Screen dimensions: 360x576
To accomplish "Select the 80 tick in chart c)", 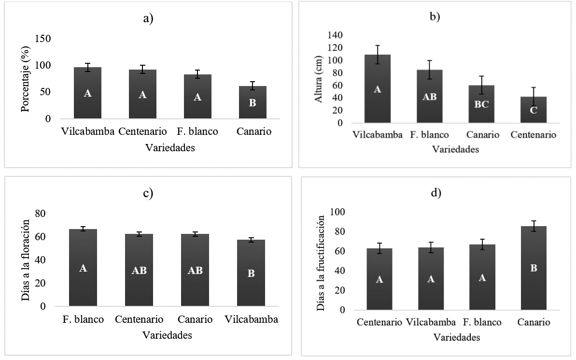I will (42, 214).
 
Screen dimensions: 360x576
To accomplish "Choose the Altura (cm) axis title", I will (319, 78).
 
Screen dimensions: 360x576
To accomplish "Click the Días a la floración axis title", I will (26, 259).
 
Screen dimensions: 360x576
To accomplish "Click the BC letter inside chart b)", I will (481, 104).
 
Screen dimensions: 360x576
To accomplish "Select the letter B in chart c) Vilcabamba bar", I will (251, 273).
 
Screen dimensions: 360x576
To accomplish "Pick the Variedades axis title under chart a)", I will (170, 148).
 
